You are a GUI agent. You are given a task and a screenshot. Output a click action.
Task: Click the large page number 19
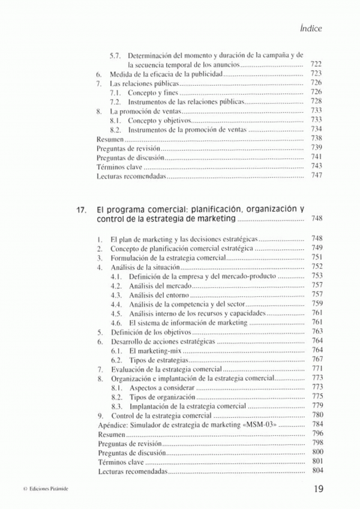pyautogui.click(x=318, y=489)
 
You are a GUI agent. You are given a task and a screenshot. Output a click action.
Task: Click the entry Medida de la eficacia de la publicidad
pyautogui.click(x=166, y=74)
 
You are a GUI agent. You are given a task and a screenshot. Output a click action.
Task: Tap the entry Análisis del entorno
pyautogui.click(x=158, y=295)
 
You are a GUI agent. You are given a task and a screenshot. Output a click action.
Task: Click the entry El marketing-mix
pyautogui.click(x=155, y=351)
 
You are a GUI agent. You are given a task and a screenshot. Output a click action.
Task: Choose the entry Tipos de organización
pyautogui.click(x=162, y=397)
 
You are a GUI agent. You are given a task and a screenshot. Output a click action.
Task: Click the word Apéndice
pyautogui.click(x=112, y=424)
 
